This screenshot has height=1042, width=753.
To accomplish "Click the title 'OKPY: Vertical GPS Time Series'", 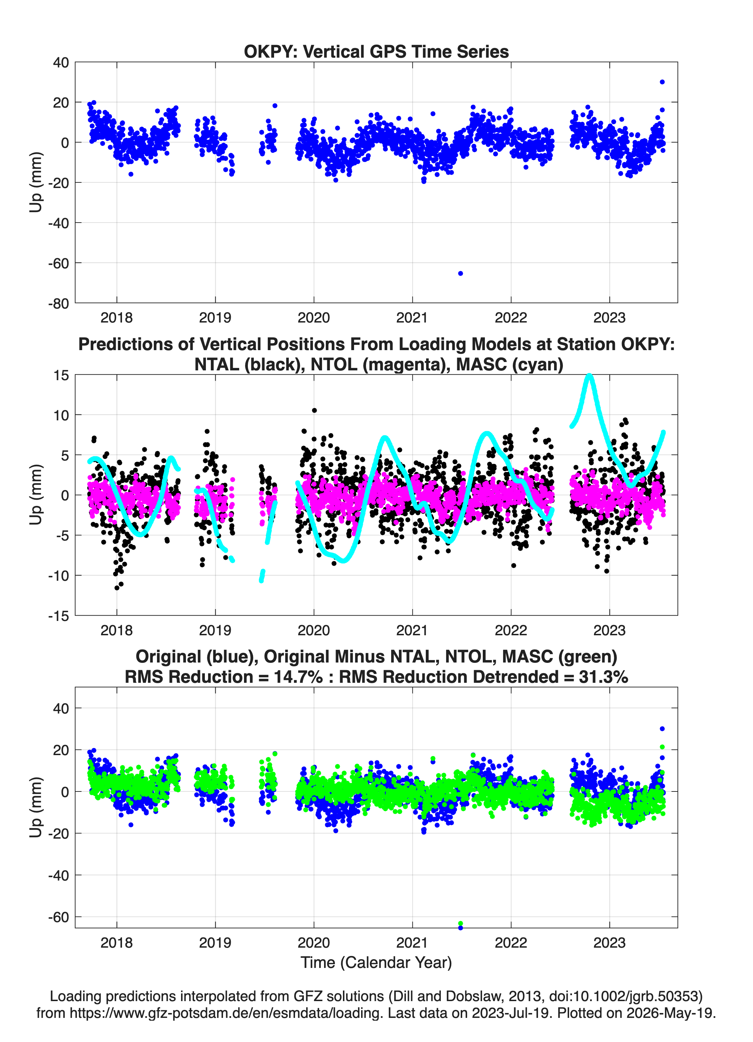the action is coord(376,51).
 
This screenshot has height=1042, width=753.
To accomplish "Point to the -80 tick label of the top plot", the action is coord(58,303).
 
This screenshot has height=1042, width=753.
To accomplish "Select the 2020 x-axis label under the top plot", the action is coord(314,318).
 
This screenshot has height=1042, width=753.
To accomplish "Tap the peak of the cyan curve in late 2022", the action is coord(589,376).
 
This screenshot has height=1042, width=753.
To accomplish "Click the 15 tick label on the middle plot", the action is coord(61,375).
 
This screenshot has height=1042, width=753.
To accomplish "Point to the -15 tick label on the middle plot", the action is coord(58,616).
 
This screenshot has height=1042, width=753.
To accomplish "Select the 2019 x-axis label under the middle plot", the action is coord(215,630).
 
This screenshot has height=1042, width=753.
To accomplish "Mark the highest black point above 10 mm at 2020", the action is coord(314,410).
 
